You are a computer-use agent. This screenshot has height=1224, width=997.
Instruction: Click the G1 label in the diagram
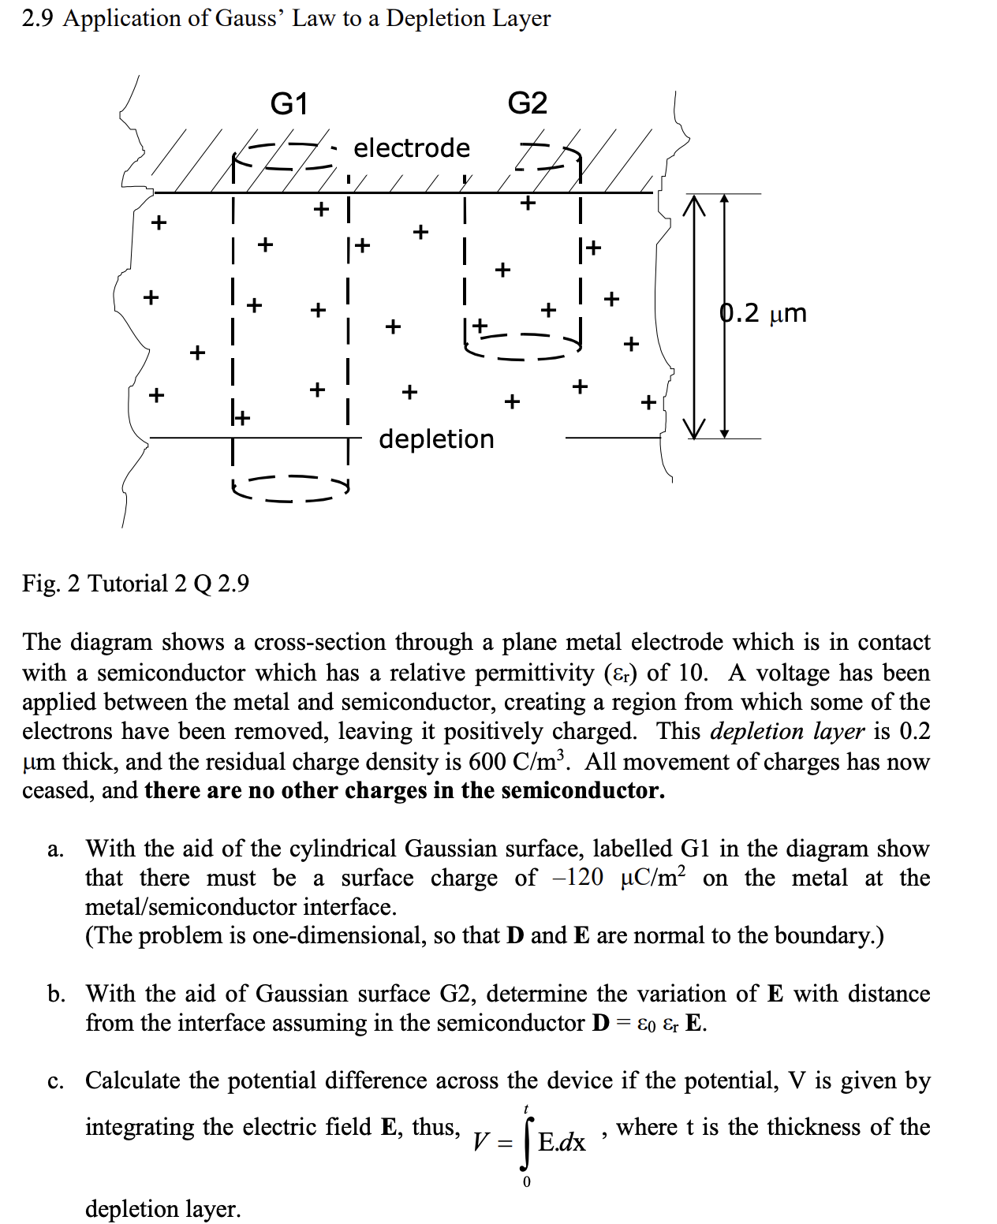point(289,103)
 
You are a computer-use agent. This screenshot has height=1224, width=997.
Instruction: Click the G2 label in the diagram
point(527,103)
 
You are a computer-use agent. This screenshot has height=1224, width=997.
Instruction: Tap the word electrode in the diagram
point(411,147)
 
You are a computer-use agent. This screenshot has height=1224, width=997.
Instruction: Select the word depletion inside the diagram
point(436,438)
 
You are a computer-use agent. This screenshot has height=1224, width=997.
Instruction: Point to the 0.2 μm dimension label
point(764,313)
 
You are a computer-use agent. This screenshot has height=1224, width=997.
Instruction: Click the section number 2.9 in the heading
point(37,18)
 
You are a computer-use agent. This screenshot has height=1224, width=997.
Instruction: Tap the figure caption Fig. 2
point(51,584)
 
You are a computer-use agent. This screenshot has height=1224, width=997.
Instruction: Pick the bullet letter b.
point(56,994)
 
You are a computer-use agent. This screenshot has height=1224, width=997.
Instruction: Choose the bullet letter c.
point(55,1080)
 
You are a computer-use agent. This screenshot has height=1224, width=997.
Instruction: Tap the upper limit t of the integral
point(527,1109)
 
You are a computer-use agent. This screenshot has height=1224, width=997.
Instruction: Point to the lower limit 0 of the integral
point(527,1181)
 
